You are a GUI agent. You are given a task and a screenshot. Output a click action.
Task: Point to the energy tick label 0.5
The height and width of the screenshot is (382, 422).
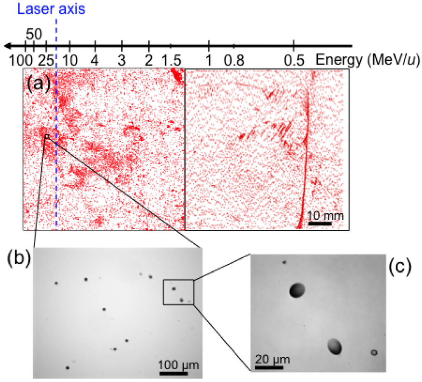(x=293, y=60)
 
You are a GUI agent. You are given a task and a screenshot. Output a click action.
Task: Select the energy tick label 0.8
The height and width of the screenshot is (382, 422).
(x=234, y=60)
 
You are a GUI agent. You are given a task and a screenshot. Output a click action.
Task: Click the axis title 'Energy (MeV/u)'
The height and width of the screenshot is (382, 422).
(x=368, y=60)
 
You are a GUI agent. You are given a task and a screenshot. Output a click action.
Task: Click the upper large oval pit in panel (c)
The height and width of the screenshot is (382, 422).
(x=297, y=290)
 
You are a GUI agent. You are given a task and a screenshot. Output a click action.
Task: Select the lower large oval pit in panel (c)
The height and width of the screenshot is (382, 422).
(x=335, y=347)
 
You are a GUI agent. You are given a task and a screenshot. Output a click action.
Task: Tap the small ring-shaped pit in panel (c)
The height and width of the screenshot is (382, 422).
(x=374, y=352)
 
